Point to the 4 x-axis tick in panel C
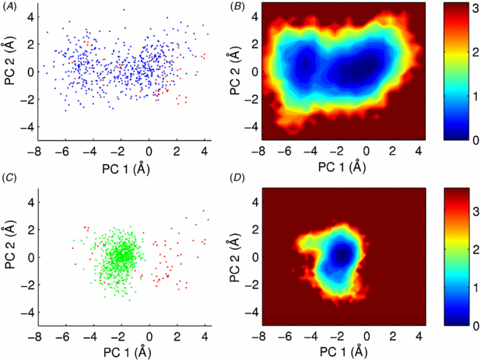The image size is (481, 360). click(204, 337)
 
